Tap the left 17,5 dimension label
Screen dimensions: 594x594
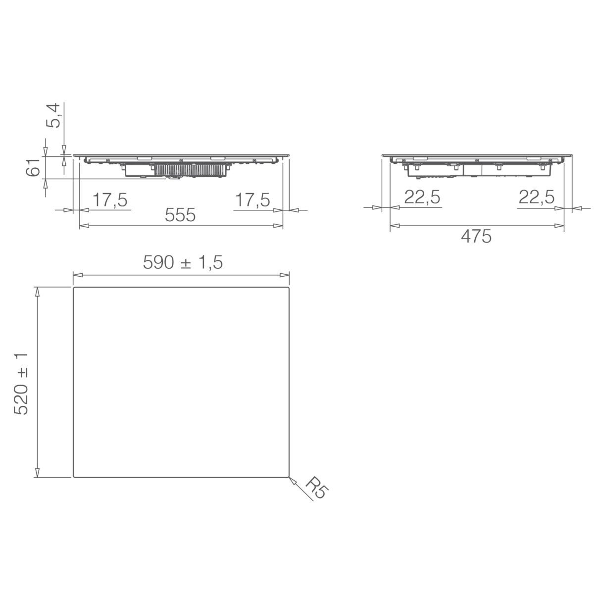click(x=110, y=200)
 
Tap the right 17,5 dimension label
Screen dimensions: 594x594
click(x=252, y=200)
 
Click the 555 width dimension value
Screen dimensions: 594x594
click(x=181, y=215)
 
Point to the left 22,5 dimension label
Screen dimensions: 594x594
click(x=422, y=198)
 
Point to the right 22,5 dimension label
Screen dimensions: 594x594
click(x=537, y=198)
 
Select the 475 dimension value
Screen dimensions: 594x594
click(x=476, y=237)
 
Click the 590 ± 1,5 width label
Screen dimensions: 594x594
click(x=183, y=263)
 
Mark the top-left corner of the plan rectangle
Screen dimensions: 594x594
click(x=74, y=288)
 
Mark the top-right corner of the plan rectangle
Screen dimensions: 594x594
click(x=289, y=288)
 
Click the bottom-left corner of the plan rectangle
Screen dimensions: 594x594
click(x=74, y=477)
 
